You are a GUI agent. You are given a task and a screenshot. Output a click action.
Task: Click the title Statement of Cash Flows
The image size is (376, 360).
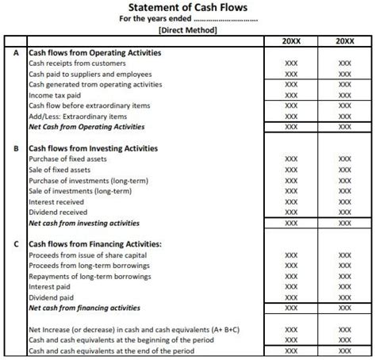coord(187,8)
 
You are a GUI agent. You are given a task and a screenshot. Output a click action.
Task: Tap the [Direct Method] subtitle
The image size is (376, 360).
coord(188,30)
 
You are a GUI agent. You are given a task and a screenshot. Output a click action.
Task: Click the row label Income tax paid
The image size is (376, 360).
coord(55,94)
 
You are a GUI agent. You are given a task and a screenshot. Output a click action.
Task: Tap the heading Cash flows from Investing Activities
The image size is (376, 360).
coord(93,148)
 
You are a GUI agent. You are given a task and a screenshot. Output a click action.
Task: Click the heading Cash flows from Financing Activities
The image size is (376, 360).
coord(95,243)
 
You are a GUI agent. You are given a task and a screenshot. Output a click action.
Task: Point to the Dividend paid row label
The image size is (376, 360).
coord(53,297)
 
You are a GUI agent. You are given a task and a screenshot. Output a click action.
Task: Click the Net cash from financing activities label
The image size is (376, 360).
coord(85,308)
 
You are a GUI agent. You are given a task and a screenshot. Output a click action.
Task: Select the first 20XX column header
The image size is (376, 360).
coord(291,40)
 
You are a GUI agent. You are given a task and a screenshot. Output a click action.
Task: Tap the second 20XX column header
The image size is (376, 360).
coord(344,40)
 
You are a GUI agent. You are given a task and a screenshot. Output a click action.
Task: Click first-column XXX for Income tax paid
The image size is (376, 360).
coord(291,94)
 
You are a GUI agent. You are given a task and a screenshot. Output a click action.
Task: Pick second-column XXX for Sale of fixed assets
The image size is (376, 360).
coord(344,170)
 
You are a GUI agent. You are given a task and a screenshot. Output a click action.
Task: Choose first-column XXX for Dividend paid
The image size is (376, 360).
coord(291,297)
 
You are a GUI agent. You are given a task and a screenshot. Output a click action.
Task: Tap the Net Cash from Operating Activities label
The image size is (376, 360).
coord(87,126)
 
